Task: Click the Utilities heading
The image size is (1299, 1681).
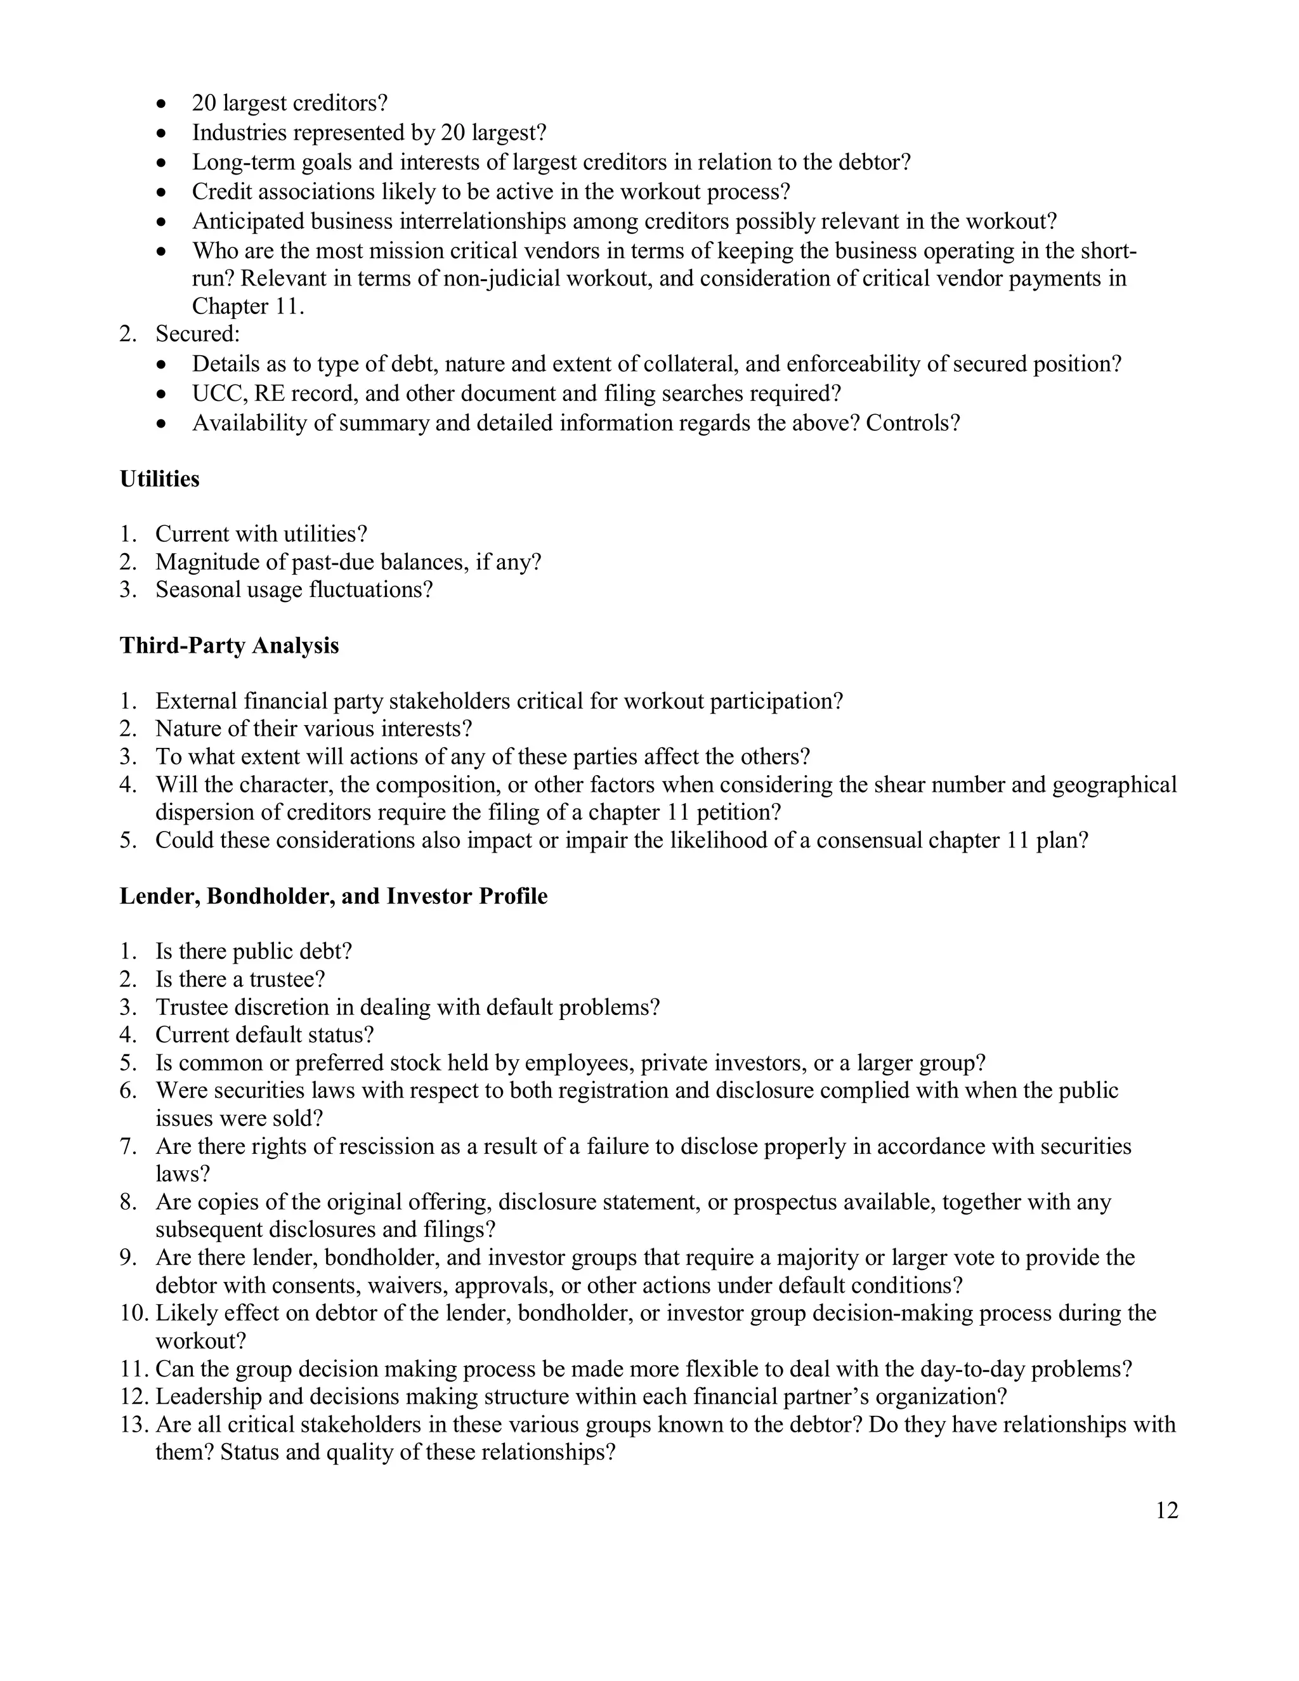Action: pos(159,479)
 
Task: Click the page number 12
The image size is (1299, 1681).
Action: pos(1166,1511)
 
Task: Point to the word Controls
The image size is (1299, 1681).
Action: pos(913,422)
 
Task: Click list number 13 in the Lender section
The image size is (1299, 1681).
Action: pos(134,1424)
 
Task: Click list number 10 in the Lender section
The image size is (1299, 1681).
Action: pos(134,1313)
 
